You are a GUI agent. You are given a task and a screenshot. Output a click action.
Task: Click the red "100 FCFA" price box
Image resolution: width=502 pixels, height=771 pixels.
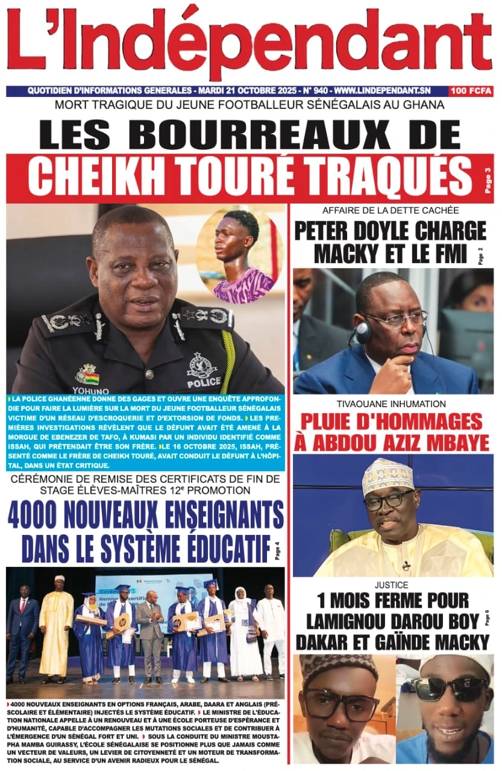click(x=471, y=92)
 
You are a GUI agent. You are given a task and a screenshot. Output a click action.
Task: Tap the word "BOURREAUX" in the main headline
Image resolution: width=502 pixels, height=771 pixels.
click(x=283, y=133)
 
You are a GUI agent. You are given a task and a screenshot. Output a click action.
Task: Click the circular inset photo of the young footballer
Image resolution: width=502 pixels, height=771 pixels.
click(x=239, y=255)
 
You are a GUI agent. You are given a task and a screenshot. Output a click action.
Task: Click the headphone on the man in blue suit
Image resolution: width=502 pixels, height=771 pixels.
click(x=363, y=332)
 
